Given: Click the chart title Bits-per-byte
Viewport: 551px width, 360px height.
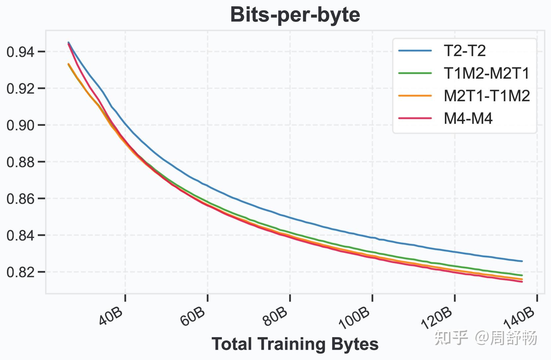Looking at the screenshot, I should tap(295, 15).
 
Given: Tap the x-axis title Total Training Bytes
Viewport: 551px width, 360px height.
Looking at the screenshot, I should tap(295, 344).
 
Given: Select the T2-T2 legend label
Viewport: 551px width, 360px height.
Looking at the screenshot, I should tap(465, 51).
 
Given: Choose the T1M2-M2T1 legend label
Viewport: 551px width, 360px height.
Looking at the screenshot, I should tap(487, 73).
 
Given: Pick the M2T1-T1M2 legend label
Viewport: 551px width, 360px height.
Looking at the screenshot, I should tap(487, 96).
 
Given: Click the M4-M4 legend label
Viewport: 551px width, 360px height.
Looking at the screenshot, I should tap(468, 118).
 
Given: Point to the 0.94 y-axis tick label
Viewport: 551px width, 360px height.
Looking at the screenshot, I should tap(21, 52).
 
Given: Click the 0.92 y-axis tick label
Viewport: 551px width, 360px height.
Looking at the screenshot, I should tap(21, 89).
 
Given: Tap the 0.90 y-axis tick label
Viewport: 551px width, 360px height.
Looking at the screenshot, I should tap(21, 125).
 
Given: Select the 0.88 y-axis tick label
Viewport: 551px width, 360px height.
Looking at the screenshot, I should tap(21, 162).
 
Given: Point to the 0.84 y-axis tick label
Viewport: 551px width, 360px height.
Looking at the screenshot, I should tap(21, 236).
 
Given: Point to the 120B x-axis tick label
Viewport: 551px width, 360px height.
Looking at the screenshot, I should tap(437, 318).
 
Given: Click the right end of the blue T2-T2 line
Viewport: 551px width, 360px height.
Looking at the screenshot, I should tap(522, 261).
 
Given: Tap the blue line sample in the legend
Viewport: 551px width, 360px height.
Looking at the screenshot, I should tap(415, 51).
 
